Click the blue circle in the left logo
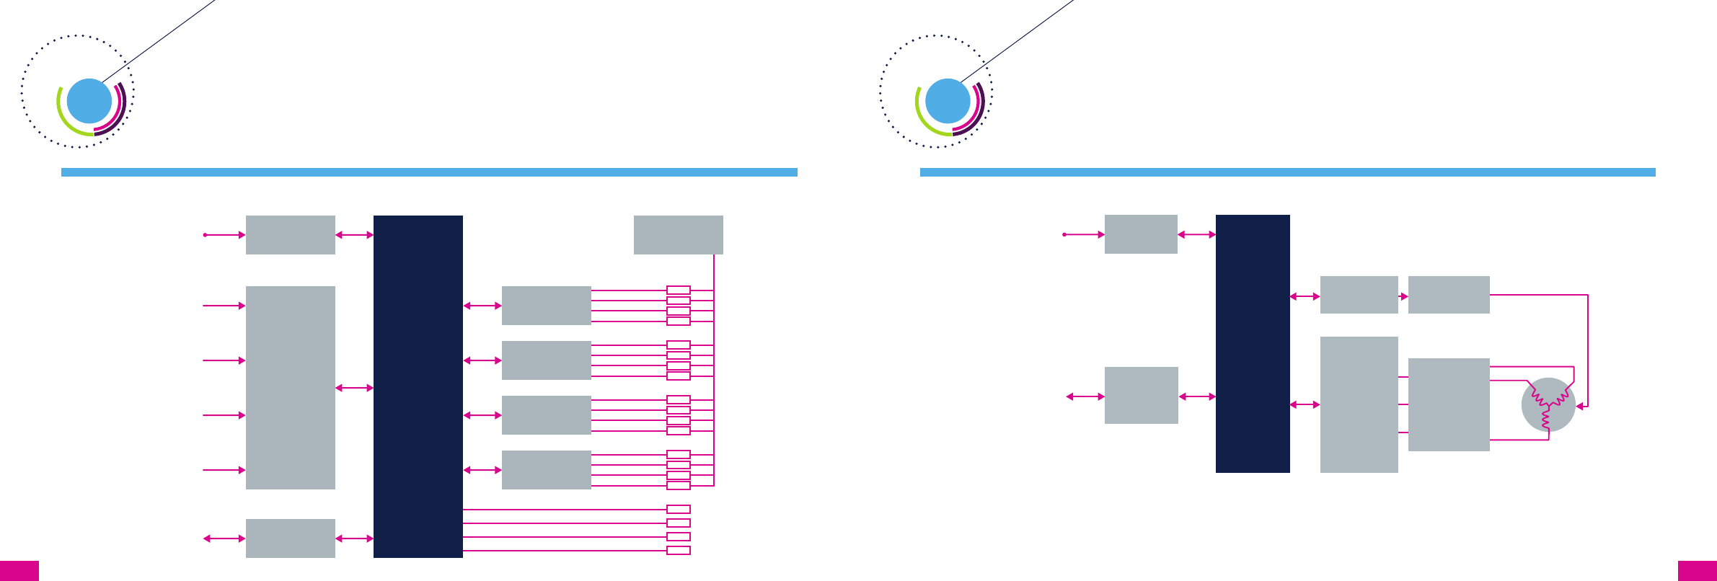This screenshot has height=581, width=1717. point(89,101)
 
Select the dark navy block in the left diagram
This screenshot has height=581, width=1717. point(418,386)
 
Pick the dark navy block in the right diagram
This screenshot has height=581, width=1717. point(1253,343)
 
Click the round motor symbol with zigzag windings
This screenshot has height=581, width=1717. point(1548,404)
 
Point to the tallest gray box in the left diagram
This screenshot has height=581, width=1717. point(290,387)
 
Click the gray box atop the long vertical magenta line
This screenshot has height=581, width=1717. point(678,234)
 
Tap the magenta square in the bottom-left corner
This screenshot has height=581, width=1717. point(19,570)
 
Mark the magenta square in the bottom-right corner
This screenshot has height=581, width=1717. point(1697,570)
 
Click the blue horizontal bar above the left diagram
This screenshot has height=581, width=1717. point(429,172)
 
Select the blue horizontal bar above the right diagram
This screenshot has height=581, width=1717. point(1287,172)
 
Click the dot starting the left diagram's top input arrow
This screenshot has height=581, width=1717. point(205,235)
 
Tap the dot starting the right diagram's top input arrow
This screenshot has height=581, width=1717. point(1064,234)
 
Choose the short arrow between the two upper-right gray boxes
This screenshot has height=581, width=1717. point(1403,296)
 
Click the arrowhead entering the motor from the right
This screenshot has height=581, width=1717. point(1580,407)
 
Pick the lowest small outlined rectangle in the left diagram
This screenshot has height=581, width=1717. point(678,551)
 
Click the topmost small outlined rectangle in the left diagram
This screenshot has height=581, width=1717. point(678,290)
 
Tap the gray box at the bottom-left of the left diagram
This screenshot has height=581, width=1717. point(290,538)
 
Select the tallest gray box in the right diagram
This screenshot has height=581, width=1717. point(1359,404)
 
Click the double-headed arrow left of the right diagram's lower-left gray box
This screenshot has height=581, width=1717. point(1085,396)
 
